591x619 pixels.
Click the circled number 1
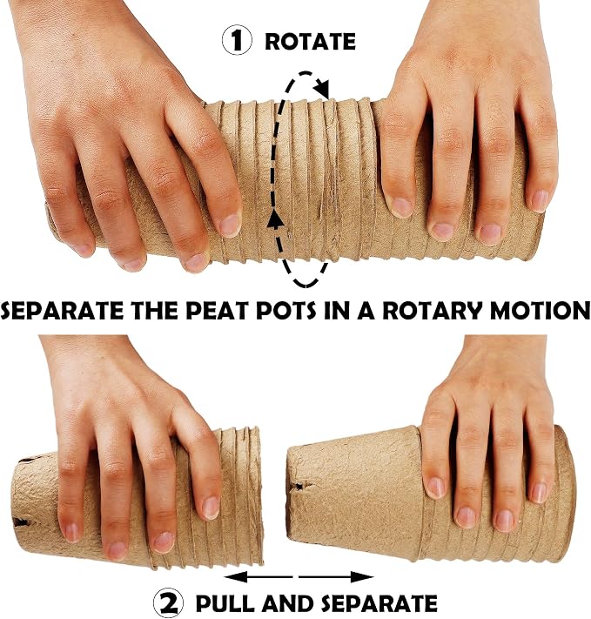[x=237, y=40]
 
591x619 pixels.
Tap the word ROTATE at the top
[x=311, y=42]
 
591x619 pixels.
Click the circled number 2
[x=168, y=602]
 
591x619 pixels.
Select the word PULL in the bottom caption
[x=225, y=603]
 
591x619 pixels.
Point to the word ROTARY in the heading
[x=433, y=311]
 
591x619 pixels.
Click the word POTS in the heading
[x=286, y=311]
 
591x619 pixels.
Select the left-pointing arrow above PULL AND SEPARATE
[x=259, y=577]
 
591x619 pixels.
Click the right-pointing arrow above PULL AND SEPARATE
[x=336, y=577]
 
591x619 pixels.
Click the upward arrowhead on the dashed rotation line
[x=276, y=220]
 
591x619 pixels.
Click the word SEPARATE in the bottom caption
[x=379, y=603]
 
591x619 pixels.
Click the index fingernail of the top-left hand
[x=230, y=225]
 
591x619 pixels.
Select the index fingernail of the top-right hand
[x=402, y=207]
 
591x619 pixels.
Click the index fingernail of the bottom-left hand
[x=211, y=508]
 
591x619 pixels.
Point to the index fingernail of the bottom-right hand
[x=435, y=488]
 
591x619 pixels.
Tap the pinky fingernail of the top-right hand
[x=540, y=200]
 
